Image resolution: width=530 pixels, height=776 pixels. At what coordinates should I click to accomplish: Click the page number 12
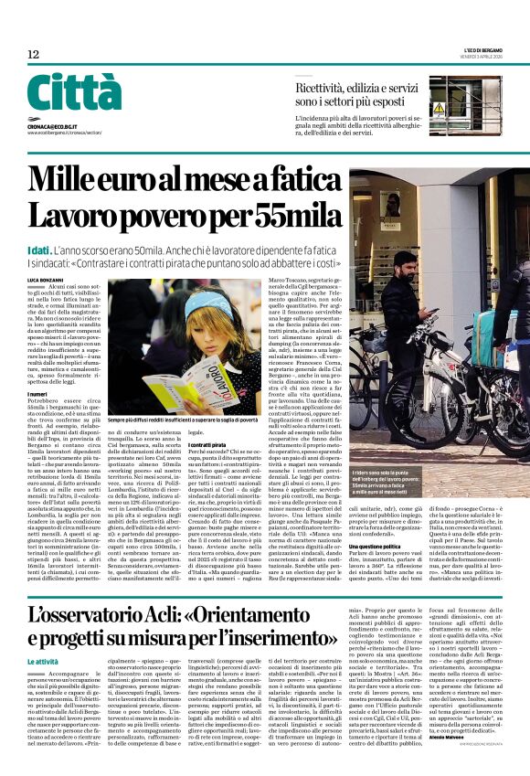(x=34, y=54)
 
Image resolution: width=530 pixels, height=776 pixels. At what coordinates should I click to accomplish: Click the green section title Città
(x=74, y=93)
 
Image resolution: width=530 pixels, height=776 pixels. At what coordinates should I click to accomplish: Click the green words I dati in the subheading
(x=39, y=250)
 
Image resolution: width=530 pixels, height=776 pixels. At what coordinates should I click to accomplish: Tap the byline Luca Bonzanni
(x=44, y=278)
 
